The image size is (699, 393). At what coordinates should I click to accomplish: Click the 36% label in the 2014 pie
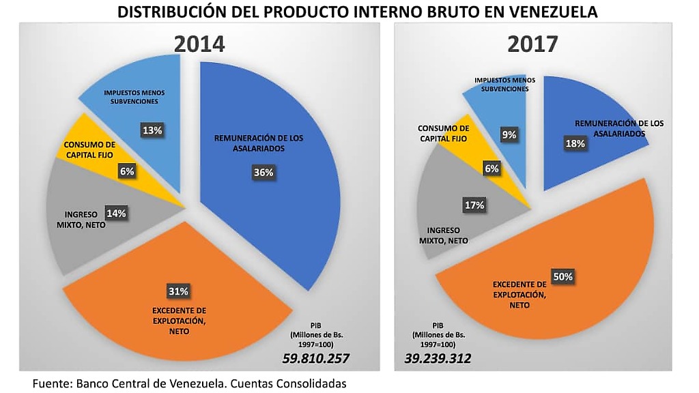tap(263, 173)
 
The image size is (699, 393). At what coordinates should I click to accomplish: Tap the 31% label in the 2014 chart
tap(178, 291)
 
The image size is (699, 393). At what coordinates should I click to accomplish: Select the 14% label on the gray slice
tap(116, 213)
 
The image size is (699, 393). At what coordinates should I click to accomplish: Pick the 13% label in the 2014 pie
tap(151, 130)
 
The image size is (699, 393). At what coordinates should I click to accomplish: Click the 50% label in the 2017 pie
tap(564, 277)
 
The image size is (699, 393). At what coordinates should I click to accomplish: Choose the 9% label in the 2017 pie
tap(509, 135)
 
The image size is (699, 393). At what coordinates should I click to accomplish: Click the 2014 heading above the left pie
tap(199, 44)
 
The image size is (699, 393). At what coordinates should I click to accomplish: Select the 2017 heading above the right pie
tap(532, 44)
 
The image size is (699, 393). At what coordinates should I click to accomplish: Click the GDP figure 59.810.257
tap(317, 358)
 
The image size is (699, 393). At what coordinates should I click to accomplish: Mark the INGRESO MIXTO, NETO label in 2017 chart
tap(444, 235)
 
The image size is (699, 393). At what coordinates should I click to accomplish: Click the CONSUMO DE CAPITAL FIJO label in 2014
tap(89, 149)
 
